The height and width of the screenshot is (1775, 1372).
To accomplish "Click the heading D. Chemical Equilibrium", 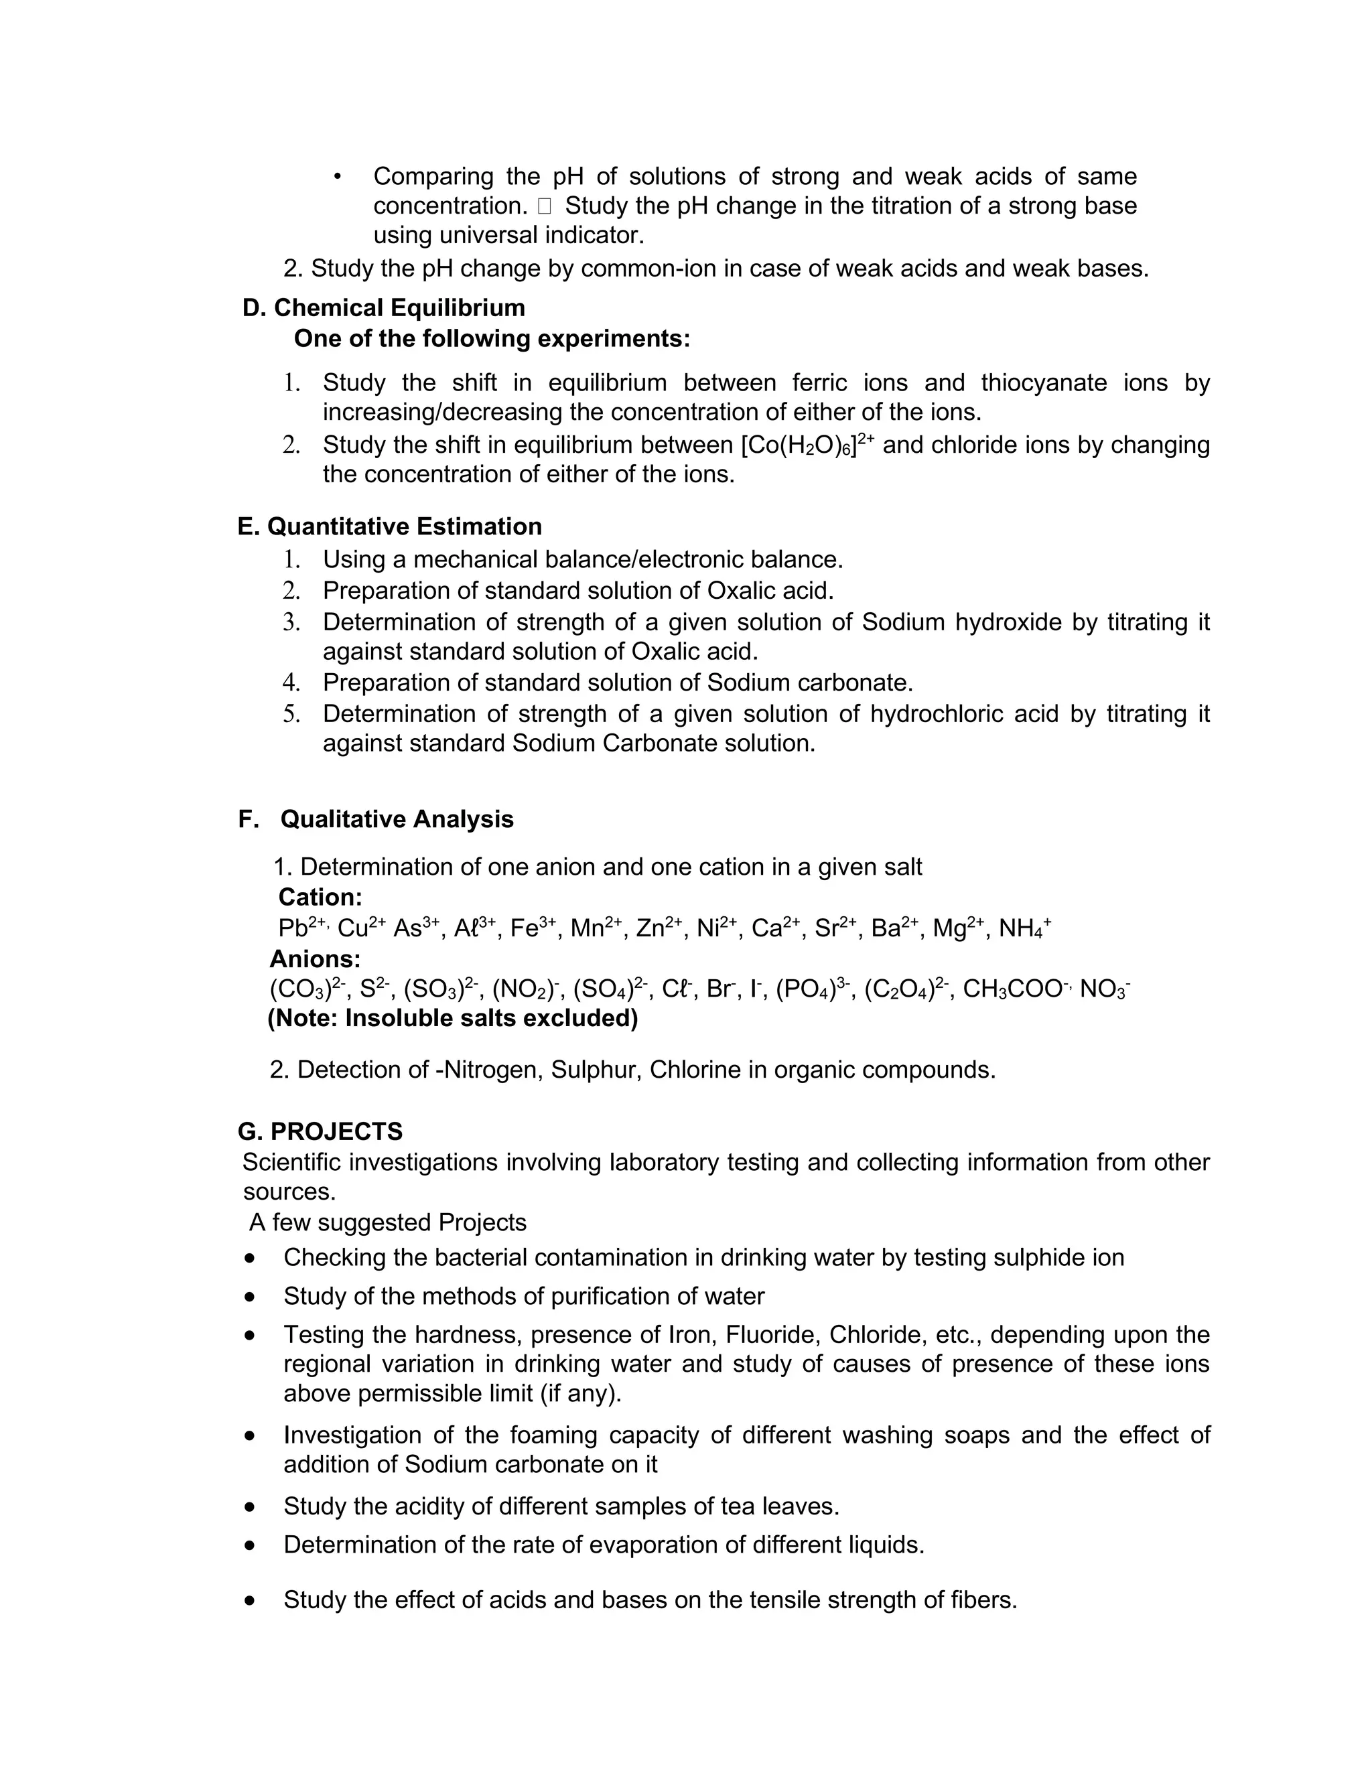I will click(x=384, y=308).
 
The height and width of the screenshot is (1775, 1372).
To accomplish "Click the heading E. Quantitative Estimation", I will click(x=389, y=526).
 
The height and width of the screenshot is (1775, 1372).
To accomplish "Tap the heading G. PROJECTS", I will click(x=320, y=1131).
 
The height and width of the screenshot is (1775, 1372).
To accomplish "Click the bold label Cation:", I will click(x=320, y=898).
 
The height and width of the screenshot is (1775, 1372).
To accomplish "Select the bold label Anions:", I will click(x=315, y=959).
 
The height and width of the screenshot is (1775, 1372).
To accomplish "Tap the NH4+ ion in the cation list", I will click(x=1024, y=928).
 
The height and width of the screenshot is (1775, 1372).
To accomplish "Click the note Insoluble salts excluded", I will click(x=453, y=1018).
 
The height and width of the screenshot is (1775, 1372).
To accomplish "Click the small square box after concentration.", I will click(x=544, y=206).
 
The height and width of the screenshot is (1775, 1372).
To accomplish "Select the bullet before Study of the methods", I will click(x=249, y=1296).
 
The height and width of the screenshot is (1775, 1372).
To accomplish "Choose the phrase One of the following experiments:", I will click(x=492, y=339).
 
